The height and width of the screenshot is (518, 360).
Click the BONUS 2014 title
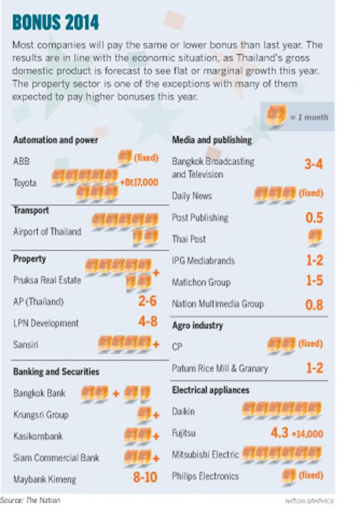pos(55,22)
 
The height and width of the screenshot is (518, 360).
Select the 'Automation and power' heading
pos(55,139)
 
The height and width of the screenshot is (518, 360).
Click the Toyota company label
pos(25,183)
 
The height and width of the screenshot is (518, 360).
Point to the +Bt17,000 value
pos(139,182)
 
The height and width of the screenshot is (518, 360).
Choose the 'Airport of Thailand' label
pos(47,232)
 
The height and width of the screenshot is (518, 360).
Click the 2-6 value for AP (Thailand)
pos(147,301)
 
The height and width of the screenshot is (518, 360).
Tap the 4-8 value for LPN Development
pos(147,322)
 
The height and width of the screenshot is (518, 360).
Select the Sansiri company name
pos(26,344)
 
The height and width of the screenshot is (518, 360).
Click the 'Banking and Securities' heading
pos(56,371)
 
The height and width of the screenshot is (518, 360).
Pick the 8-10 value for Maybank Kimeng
pos(145,477)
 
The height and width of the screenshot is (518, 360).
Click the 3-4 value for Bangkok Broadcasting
pos(314,164)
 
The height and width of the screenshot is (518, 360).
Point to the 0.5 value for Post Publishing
pos(314,218)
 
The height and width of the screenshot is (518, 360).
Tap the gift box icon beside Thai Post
pos(315,236)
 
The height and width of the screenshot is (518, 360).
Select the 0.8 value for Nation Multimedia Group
pos(314,304)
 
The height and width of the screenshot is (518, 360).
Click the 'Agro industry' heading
pos(197,326)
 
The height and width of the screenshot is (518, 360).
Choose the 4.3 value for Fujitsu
pos(279,433)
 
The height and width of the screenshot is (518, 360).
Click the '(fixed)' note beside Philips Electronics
pos(311,475)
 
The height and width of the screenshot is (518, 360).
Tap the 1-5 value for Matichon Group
pos(314,282)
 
